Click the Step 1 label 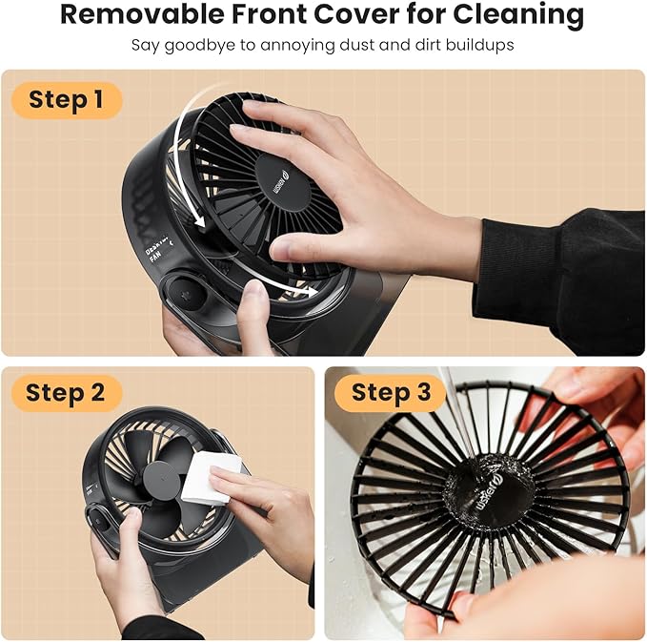[67, 99]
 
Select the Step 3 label [391, 392]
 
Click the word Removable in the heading [143, 15]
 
